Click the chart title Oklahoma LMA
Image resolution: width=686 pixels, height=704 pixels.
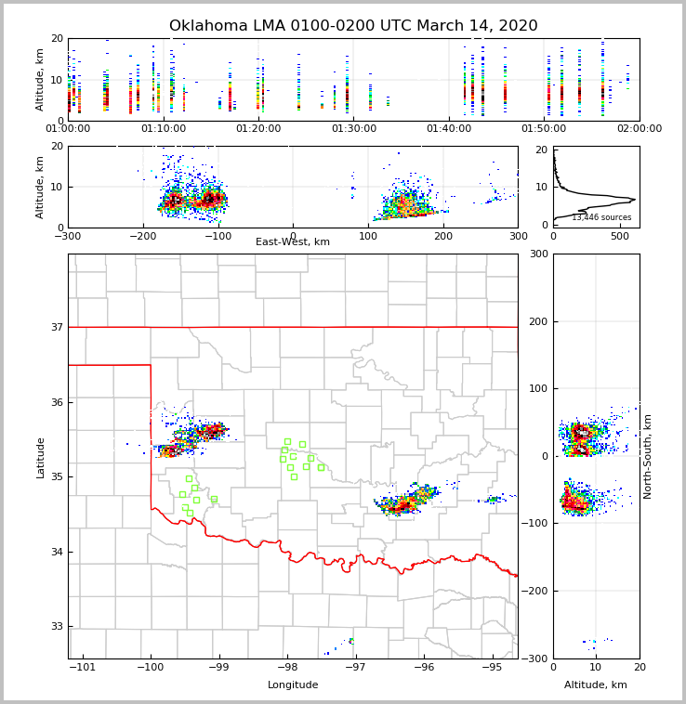[x=353, y=26]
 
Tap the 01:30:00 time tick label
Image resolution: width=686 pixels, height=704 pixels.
[x=354, y=129]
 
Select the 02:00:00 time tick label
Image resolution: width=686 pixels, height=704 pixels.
[x=640, y=129]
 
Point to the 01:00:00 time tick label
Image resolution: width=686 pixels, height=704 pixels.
[x=68, y=129]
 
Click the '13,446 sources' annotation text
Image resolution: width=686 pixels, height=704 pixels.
[x=601, y=217]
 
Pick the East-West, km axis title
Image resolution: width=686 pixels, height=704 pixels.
[x=293, y=242]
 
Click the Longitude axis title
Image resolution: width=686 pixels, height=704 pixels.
[x=293, y=685]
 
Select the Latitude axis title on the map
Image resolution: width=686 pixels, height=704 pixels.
[x=41, y=457]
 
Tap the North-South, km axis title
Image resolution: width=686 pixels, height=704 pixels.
[x=648, y=456]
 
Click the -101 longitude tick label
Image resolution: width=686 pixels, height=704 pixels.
[x=83, y=668]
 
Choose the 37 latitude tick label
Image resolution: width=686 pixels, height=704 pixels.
[x=56, y=327]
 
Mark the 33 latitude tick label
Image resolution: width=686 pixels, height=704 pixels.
[x=56, y=627]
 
